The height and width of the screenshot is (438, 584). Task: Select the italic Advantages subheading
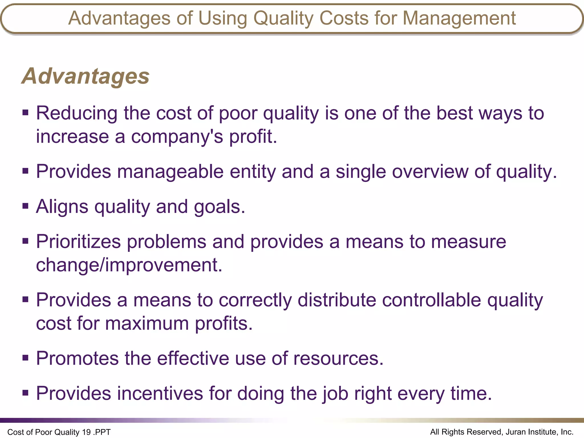[x=86, y=76]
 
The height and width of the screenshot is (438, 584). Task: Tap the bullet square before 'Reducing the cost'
[x=25, y=113]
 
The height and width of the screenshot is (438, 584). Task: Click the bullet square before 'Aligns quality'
[x=25, y=206]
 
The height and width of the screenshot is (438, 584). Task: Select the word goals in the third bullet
[x=219, y=207]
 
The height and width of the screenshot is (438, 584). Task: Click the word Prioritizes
[x=78, y=242]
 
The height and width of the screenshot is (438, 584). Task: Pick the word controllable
[x=431, y=300]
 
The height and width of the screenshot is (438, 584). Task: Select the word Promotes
[x=77, y=358]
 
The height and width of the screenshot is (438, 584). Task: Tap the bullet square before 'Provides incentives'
[x=25, y=393]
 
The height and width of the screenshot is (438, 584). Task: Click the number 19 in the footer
[x=86, y=432]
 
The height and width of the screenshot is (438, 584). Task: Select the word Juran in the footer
[x=516, y=432]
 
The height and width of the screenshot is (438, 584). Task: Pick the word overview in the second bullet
[x=430, y=172]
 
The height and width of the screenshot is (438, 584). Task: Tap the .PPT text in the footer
[x=102, y=432]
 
